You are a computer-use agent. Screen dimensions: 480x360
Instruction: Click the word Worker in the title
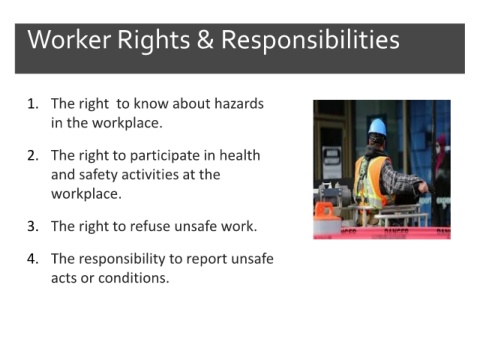click(x=69, y=40)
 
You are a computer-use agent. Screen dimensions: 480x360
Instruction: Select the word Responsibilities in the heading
click(x=310, y=41)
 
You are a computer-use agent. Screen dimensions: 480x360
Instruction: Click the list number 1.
click(x=33, y=104)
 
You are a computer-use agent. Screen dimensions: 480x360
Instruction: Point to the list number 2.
click(x=33, y=156)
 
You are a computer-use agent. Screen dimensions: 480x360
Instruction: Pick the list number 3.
click(x=33, y=226)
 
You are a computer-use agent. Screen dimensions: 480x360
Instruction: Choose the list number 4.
click(x=33, y=259)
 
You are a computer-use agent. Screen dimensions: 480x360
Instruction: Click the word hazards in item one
click(x=239, y=104)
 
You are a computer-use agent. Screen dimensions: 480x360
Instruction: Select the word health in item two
click(x=240, y=155)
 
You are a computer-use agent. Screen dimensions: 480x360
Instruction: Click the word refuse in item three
click(x=150, y=226)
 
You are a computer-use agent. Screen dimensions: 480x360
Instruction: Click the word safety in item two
click(x=98, y=175)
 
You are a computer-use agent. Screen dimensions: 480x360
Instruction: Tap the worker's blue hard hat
click(x=378, y=127)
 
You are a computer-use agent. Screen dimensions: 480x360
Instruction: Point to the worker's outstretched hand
click(x=424, y=187)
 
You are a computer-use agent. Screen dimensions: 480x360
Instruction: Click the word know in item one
click(x=151, y=104)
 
